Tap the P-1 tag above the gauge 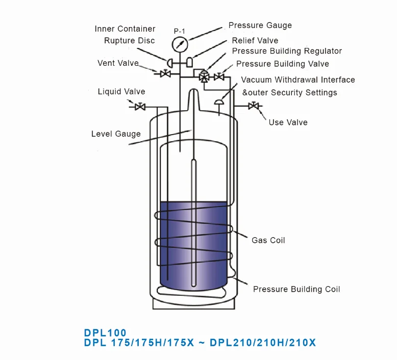[x=179, y=31]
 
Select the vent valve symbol [x=165, y=74]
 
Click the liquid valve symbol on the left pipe [x=138, y=107]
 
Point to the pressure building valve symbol [x=219, y=77]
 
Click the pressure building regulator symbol [x=204, y=76]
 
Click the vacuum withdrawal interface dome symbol [x=219, y=101]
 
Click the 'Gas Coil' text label [x=268, y=240]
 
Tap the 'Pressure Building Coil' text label [x=296, y=289]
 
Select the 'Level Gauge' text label [x=116, y=134]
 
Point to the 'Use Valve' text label [x=288, y=122]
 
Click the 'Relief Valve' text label [x=255, y=40]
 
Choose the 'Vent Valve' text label [x=118, y=63]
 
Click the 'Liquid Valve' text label [x=121, y=92]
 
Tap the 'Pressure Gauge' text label [x=260, y=25]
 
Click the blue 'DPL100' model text [x=105, y=332]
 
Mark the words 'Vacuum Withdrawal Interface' [x=298, y=80]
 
